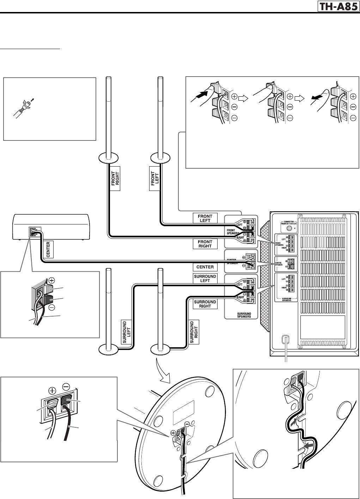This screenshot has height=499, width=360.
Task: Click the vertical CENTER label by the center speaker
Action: click(x=48, y=249)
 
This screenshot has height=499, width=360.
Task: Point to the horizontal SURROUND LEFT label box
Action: click(x=205, y=278)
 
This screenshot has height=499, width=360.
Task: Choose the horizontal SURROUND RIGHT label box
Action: click(x=205, y=304)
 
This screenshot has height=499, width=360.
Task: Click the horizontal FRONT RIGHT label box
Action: click(x=205, y=244)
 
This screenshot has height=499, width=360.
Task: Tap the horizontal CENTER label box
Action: click(x=205, y=267)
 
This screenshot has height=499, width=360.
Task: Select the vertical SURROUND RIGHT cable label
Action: click(x=194, y=332)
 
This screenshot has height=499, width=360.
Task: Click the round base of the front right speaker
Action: click(x=109, y=157)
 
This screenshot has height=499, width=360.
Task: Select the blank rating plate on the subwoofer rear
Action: click(x=322, y=327)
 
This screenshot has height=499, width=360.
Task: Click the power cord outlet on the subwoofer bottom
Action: click(x=285, y=339)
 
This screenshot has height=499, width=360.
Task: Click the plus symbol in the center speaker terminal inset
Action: click(x=52, y=281)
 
